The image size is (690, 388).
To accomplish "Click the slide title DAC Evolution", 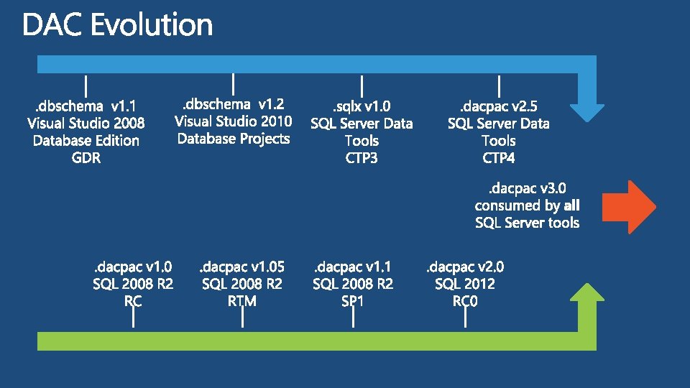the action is click(x=117, y=24).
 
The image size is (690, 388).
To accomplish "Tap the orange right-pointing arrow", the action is click(x=629, y=207).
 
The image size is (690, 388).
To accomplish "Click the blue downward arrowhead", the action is click(x=587, y=113).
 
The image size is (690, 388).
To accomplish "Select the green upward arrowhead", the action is click(x=587, y=292).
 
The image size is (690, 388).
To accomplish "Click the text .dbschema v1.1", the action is click(x=86, y=106).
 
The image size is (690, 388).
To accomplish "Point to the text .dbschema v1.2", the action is click(x=233, y=104).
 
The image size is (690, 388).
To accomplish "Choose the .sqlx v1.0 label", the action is click(x=362, y=106).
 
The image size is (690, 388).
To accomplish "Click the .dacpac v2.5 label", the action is click(x=499, y=106).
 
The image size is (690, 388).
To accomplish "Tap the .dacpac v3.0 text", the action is click(x=527, y=189).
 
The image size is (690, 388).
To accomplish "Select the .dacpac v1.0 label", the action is click(x=133, y=267).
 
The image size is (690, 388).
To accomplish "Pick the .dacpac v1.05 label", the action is click(x=242, y=267).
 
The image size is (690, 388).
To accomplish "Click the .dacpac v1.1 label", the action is click(x=353, y=267).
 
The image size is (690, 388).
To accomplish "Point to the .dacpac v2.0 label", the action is click(x=465, y=267).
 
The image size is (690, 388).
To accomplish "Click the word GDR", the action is click(x=86, y=158).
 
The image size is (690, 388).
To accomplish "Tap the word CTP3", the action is click(x=362, y=158).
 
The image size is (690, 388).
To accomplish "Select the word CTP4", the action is click(x=499, y=158).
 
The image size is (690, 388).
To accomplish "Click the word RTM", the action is click(x=242, y=301).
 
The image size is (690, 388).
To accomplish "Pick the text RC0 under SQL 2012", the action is click(x=465, y=301).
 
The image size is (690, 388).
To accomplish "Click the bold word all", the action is click(x=571, y=205).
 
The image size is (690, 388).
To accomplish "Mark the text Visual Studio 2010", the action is click(x=233, y=121).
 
